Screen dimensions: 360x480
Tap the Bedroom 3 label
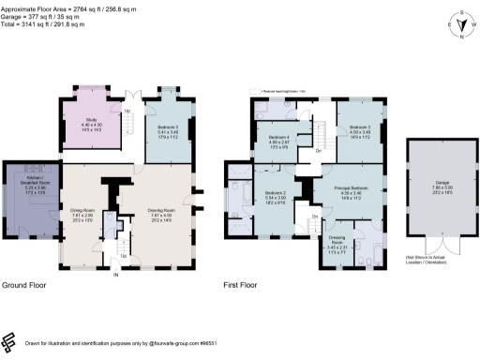[361, 129]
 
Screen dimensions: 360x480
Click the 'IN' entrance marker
[115, 275]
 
